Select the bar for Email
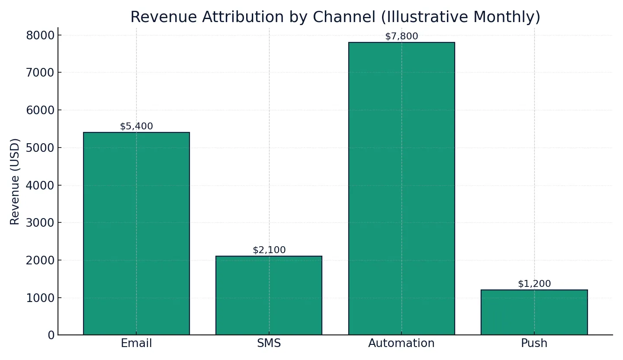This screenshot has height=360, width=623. click(136, 234)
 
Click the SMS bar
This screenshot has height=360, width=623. click(269, 296)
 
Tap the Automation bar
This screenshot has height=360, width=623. click(401, 189)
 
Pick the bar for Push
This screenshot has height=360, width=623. click(534, 312)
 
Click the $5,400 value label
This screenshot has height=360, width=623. click(136, 126)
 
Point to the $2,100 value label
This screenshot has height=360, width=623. click(269, 250)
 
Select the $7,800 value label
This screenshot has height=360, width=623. click(401, 36)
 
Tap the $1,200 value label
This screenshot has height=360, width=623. click(534, 284)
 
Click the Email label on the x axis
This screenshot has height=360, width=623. click(136, 344)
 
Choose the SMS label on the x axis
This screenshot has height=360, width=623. click(269, 344)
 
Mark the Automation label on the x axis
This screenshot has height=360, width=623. click(401, 344)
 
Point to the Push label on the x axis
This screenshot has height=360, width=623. click(534, 344)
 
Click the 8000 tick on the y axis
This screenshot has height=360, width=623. click(40, 35)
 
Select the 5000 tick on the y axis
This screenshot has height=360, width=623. click(40, 148)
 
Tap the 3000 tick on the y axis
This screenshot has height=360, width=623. click(40, 223)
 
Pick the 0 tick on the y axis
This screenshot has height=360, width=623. click(51, 335)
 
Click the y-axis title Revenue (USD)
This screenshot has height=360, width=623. click(15, 181)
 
